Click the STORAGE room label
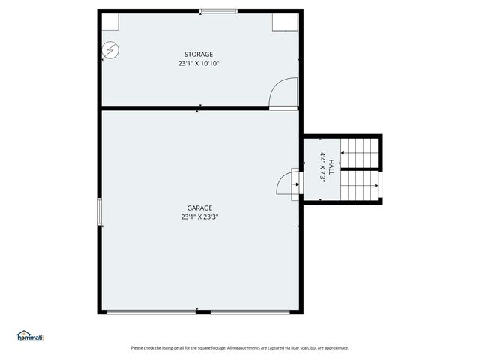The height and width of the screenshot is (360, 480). (199, 54)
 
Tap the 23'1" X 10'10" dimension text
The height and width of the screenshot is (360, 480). (199, 64)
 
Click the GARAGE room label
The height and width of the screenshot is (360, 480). (199, 208)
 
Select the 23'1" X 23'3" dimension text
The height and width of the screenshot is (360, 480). (199, 217)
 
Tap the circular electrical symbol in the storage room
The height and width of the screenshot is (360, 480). (111, 49)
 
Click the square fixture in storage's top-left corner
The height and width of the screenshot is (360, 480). (109, 21)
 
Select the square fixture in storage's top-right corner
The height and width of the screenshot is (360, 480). (285, 21)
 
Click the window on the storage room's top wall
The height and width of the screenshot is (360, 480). (218, 11)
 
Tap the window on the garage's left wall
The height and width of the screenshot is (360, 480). (99, 211)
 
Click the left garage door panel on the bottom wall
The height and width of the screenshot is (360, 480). (151, 311)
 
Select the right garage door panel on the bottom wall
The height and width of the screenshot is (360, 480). (250, 311)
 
